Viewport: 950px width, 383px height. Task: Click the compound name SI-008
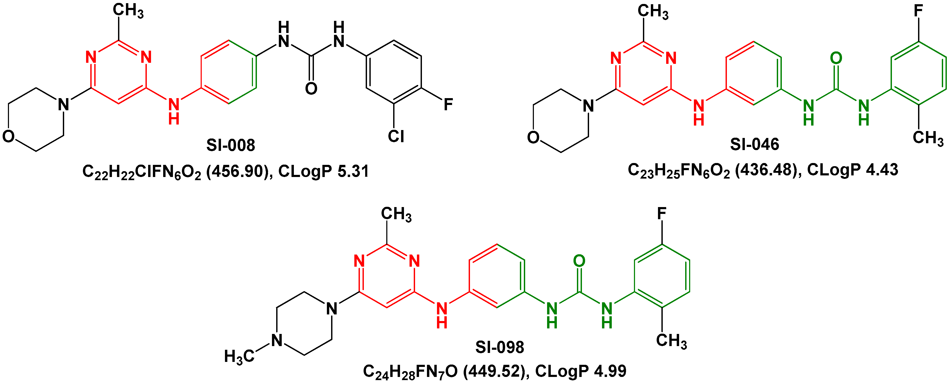point(231,145)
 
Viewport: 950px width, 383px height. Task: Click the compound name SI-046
point(755,144)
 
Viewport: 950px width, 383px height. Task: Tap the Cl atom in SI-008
point(396,136)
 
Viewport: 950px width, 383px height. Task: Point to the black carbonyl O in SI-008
point(311,88)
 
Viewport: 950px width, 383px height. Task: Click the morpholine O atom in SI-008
point(8,136)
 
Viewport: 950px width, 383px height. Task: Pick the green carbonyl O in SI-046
point(836,58)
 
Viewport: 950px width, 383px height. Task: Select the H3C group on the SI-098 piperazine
point(239,356)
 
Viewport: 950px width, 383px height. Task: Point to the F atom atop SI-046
point(918,11)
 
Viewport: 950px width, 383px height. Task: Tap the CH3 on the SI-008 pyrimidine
point(128,10)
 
